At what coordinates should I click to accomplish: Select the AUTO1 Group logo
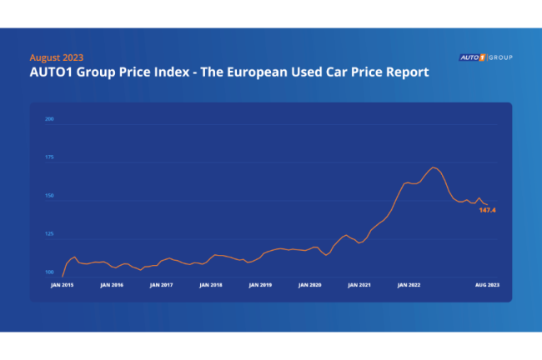(x=485, y=57)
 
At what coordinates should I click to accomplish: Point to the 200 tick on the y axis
(x=49, y=119)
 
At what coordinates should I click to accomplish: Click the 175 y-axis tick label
(x=49, y=157)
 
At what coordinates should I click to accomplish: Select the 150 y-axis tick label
(x=49, y=197)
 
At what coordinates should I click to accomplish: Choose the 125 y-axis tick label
(x=49, y=235)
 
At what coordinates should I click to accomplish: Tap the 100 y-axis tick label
(x=49, y=273)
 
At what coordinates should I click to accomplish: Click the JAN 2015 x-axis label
(x=63, y=285)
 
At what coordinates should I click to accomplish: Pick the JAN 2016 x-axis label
(x=112, y=285)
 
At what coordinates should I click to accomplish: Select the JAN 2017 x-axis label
(x=161, y=285)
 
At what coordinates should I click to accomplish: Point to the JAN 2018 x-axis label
(x=211, y=285)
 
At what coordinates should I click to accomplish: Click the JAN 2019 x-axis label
(x=260, y=285)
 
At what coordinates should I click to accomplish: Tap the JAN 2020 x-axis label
(x=309, y=285)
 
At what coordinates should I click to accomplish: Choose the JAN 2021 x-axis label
(x=359, y=285)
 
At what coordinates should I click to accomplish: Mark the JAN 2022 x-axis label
(x=409, y=285)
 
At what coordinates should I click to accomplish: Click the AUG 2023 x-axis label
(x=488, y=285)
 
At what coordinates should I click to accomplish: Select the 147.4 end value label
(x=488, y=211)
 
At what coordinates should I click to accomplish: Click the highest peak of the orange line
(x=434, y=167)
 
